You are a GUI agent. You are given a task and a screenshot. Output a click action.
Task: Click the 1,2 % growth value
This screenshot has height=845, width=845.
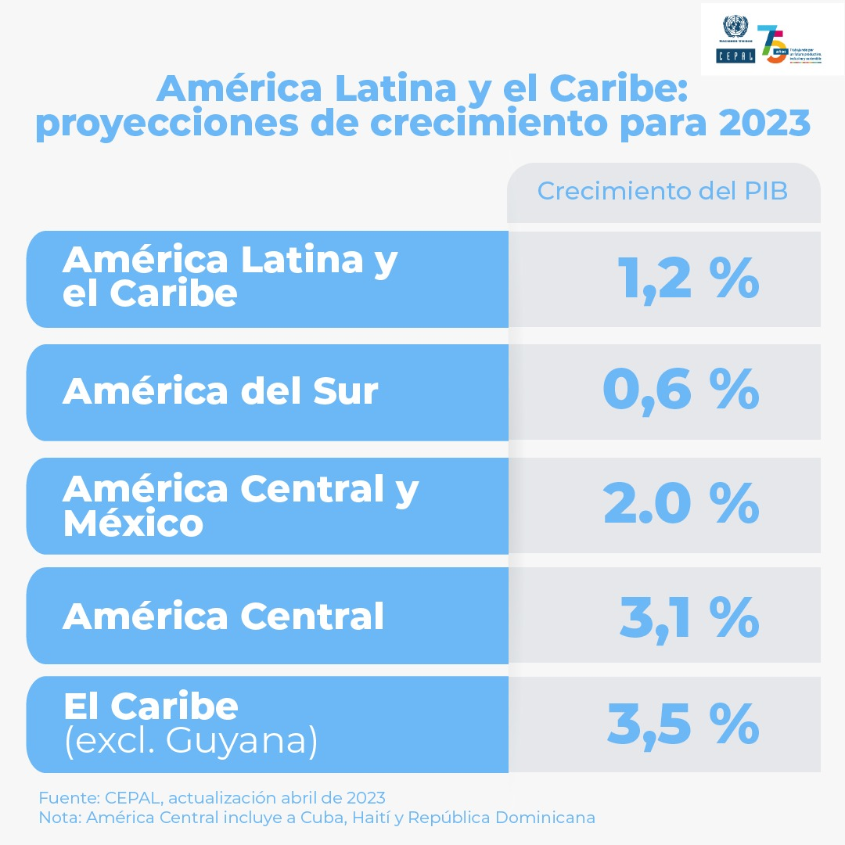point(688,279)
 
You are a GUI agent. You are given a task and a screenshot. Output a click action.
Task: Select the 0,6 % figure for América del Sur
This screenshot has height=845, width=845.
point(681,390)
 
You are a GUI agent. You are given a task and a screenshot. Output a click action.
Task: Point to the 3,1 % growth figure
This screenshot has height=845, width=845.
point(689,617)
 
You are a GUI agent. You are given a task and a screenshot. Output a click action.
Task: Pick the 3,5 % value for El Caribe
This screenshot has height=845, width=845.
point(682,725)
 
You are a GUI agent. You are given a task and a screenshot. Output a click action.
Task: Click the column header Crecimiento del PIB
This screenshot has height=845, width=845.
point(662,192)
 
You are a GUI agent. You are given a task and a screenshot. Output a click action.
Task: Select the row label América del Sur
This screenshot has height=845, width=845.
point(220,390)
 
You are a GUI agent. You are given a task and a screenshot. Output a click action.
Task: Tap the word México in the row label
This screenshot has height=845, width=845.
point(133,523)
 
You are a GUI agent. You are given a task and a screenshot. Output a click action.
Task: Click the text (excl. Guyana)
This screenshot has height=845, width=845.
point(191,741)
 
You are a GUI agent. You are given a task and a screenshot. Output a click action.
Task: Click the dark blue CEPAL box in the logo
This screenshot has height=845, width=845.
point(735,56)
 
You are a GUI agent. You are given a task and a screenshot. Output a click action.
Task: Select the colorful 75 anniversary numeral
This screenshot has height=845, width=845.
point(771,45)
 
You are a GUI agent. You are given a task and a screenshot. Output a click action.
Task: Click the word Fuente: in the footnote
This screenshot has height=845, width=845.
point(65,798)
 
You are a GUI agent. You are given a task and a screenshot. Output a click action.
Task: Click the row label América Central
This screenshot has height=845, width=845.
point(223,617)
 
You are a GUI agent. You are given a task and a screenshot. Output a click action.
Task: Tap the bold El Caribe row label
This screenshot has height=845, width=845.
point(150,707)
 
